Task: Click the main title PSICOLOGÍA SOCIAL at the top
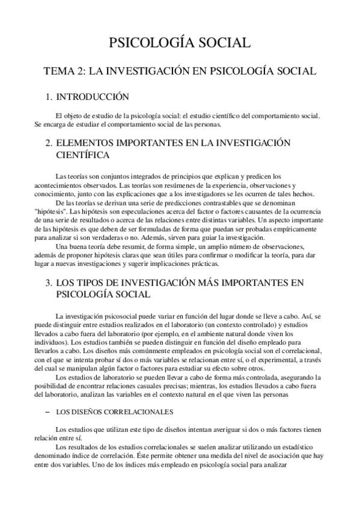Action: coord(180,43)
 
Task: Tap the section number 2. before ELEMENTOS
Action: coord(50,143)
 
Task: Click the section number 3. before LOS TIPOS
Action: coord(50,282)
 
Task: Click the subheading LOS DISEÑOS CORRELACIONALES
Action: coord(114,412)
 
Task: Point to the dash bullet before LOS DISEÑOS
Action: coord(47,412)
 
